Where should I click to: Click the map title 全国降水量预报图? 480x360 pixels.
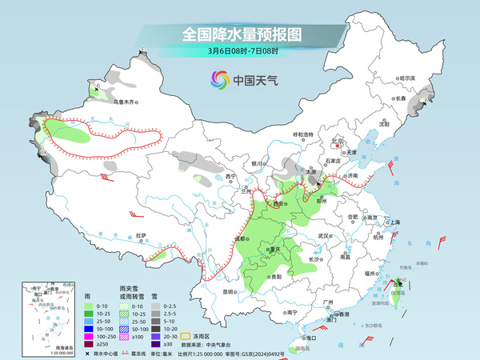coord(241,34)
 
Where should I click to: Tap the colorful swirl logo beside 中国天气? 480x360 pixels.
coord(219,79)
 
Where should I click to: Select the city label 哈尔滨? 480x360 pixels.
coord(407,78)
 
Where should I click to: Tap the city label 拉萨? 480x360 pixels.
coord(142,235)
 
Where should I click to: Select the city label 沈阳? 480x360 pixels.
coord(383,125)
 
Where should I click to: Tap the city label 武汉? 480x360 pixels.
coord(323,236)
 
